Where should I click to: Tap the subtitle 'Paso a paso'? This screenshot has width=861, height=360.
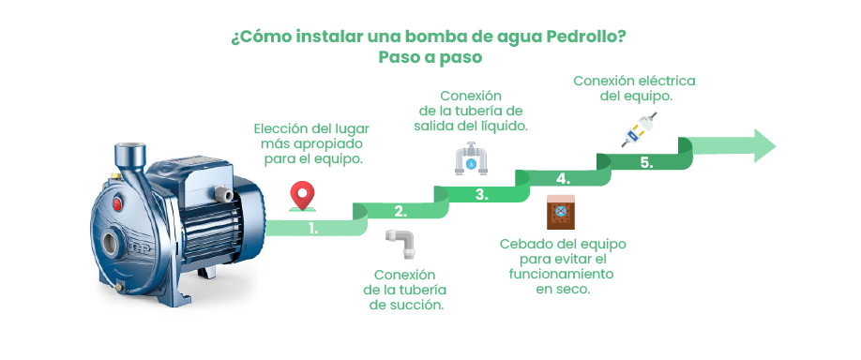(x=430, y=57)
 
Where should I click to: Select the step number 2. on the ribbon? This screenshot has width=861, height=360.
(x=400, y=211)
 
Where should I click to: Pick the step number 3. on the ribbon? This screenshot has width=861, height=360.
(x=480, y=195)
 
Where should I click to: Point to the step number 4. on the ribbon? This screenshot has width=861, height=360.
(x=563, y=178)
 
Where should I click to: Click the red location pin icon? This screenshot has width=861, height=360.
(x=301, y=196)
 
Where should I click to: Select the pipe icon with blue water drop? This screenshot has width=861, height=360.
(x=472, y=159)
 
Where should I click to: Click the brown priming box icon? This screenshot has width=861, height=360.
(x=561, y=214)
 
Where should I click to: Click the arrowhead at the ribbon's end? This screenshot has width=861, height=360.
(x=762, y=145)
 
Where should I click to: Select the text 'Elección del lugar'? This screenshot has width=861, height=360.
(x=311, y=128)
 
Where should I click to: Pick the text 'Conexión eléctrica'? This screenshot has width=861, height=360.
(x=635, y=81)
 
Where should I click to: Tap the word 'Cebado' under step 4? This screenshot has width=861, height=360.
(x=523, y=244)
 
